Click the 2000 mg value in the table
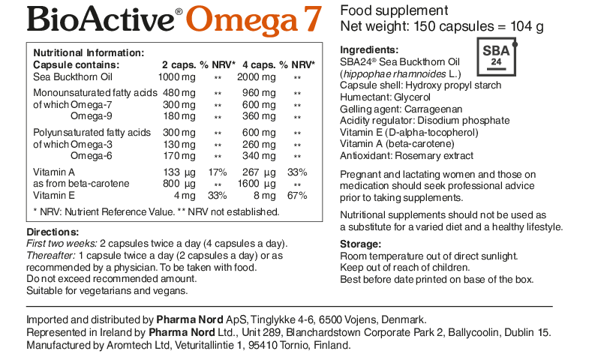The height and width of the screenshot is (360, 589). pos(254,76)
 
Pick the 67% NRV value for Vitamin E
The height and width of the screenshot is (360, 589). pos(297,195)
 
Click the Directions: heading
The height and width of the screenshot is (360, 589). pos(53,232)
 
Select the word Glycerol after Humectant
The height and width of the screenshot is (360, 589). pos(416,97)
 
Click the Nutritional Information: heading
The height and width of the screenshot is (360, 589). pos(89,52)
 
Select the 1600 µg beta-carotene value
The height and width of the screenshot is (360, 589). pos(254,183)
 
